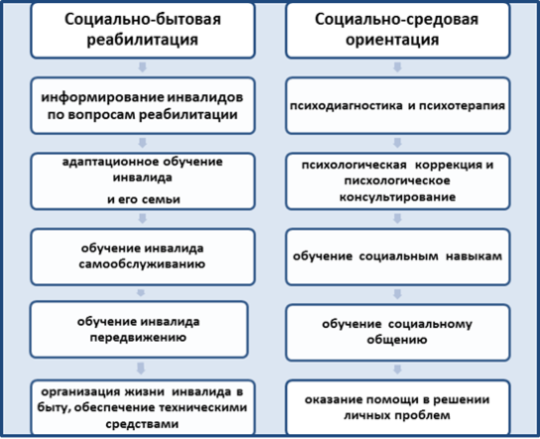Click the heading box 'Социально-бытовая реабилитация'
[x=143, y=31]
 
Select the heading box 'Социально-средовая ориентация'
[x=397, y=31]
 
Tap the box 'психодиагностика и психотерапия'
[x=397, y=105]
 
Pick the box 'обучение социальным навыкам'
[x=397, y=257]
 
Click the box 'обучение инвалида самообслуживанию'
[x=143, y=257]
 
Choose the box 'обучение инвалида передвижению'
[x=139, y=330]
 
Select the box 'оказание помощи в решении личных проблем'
[x=397, y=407]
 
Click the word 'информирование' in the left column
[x=102, y=98]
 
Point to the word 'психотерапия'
[x=462, y=106]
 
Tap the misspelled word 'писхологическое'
[x=397, y=180]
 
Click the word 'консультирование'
[x=397, y=197]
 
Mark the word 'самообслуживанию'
[x=142, y=264]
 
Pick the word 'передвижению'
[x=138, y=338]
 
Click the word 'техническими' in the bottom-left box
[x=203, y=407]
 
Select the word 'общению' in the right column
[x=396, y=340]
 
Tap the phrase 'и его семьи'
[x=144, y=199]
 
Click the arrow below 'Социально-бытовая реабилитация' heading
[x=143, y=67]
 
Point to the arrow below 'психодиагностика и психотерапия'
[x=397, y=143]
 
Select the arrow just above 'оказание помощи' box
[x=397, y=370]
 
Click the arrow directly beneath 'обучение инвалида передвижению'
[x=141, y=369]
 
